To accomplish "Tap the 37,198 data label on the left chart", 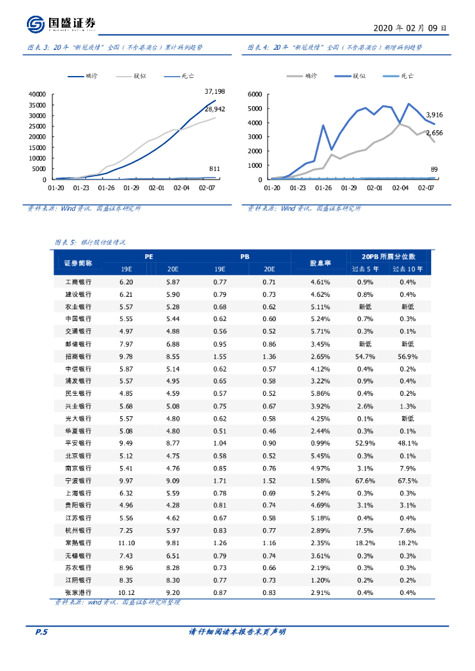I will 215,91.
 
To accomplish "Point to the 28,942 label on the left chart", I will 215,109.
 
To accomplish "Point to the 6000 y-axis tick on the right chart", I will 256,94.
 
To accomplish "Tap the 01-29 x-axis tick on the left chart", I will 132,187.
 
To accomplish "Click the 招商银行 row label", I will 78,356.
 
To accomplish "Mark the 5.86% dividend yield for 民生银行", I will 320,393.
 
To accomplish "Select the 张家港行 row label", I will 78,592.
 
